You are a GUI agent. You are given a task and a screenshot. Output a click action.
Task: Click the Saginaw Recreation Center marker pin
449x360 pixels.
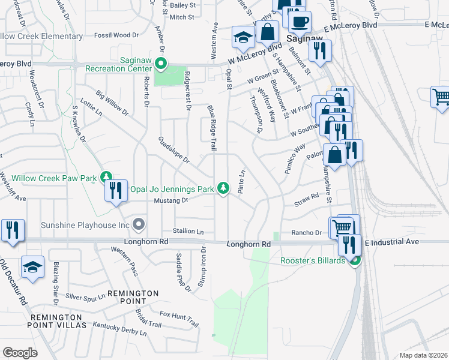click(x=160, y=62)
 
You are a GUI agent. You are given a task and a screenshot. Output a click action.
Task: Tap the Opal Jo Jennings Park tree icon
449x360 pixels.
click(x=223, y=188)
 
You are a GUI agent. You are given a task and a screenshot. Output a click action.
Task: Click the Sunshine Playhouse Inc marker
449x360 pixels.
click(x=139, y=225)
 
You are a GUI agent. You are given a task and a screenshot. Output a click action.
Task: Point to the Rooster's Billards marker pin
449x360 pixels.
click(x=355, y=260)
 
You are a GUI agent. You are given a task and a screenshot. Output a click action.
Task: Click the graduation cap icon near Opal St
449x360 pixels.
click(x=243, y=38)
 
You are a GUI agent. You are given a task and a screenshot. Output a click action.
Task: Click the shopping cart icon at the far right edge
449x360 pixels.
click(x=441, y=97)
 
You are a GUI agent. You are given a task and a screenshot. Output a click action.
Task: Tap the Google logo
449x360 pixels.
click(x=20, y=352)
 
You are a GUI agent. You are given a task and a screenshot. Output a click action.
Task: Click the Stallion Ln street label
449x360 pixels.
click(x=188, y=231)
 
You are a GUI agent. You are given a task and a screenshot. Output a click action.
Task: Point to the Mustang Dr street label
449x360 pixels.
click(x=167, y=200)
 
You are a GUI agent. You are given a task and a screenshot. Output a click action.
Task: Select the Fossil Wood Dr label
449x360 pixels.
click(x=117, y=35)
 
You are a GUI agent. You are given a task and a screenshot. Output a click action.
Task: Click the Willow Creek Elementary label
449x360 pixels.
click(x=46, y=36)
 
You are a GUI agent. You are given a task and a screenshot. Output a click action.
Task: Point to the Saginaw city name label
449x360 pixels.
click(x=306, y=38)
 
